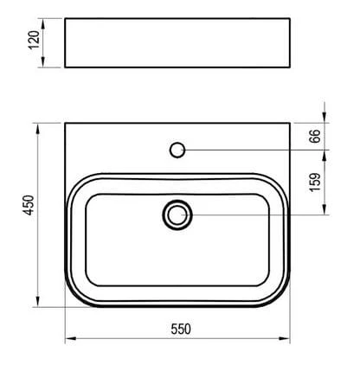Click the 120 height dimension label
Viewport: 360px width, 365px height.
click(x=34, y=40)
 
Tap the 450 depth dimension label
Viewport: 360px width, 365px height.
click(x=29, y=205)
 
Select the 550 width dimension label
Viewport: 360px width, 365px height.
click(x=181, y=329)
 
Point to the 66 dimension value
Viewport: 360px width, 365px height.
click(x=315, y=136)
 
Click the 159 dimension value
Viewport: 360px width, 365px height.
click(x=315, y=182)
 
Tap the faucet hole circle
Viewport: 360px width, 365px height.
click(x=177, y=150)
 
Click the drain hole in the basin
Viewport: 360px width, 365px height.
click(x=177, y=215)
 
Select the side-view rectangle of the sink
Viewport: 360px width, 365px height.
click(x=177, y=42)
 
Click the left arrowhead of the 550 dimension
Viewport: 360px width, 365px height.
click(x=71, y=338)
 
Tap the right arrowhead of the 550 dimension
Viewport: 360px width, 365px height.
click(x=284, y=338)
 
